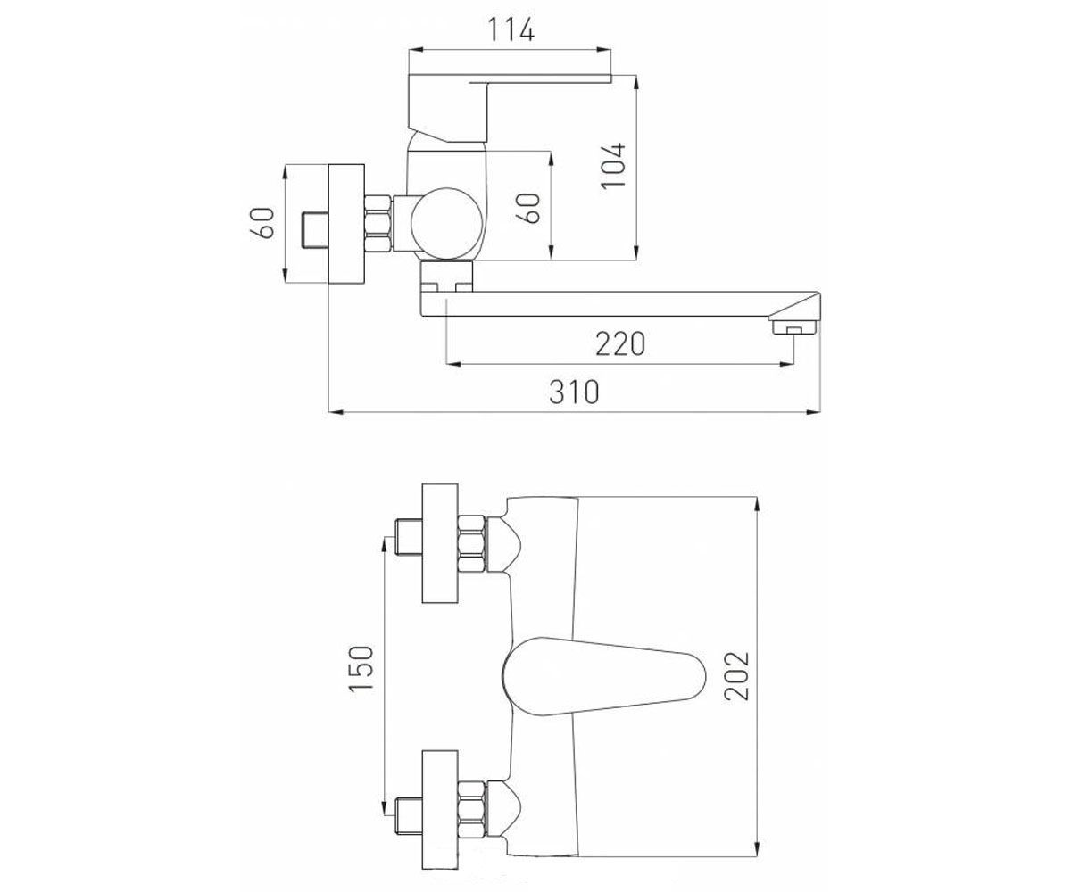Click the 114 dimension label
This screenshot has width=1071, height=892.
point(511,29)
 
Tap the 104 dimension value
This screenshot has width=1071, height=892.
point(614,166)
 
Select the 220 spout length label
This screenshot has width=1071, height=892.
point(620,344)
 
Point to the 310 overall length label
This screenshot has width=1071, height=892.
point(574,392)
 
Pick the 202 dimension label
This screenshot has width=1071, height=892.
point(736,675)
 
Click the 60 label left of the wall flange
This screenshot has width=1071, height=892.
point(262,223)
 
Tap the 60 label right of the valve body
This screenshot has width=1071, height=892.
point(528,208)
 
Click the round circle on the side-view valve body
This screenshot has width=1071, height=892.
point(447,224)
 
